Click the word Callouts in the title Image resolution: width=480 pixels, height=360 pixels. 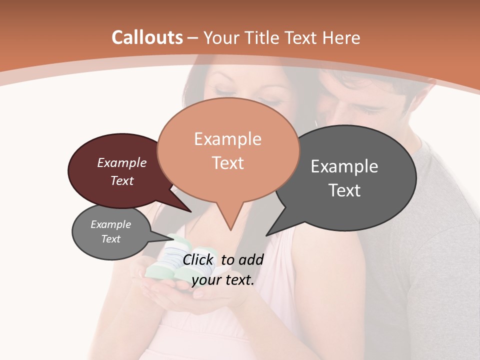[x=147, y=37]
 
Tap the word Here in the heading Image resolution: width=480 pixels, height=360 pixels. [x=341, y=38]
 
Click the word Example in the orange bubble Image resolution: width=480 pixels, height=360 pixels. [x=227, y=139]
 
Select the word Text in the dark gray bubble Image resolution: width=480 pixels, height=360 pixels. [x=344, y=190]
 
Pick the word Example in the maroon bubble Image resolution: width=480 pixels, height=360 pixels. [x=122, y=163]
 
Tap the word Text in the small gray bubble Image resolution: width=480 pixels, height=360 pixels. [x=111, y=239]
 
